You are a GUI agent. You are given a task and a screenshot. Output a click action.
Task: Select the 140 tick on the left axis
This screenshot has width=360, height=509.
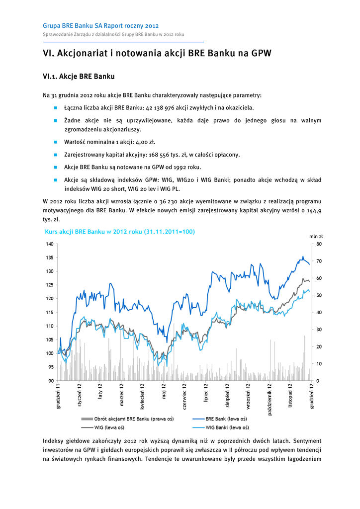tap(49, 244)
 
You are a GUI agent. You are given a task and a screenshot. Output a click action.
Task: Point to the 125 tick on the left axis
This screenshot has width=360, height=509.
tap(49, 285)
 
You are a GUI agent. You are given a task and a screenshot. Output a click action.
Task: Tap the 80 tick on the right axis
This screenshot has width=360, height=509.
tap(319, 244)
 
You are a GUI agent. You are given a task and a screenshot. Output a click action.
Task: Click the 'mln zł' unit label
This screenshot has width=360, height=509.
tap(316, 237)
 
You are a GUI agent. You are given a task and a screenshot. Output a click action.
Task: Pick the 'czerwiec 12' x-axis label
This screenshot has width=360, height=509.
tap(184, 396)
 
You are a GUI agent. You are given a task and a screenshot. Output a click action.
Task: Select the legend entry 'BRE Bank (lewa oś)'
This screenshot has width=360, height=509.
tap(226, 419)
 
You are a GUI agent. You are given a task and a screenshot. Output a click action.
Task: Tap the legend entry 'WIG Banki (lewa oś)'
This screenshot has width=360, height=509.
tap(227, 427)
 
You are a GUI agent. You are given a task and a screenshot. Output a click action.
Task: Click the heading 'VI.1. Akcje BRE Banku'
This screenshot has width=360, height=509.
tap(79, 77)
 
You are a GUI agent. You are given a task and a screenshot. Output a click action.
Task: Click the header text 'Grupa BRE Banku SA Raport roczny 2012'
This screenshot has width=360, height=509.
tap(101, 25)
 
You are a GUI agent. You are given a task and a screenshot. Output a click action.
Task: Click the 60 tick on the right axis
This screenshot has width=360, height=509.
tap(319, 278)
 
